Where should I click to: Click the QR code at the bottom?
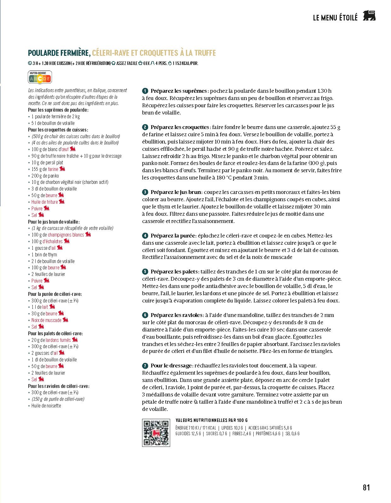coord(156,433)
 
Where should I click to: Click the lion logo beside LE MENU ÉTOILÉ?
coord(369,16)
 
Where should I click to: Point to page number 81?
coord(366,488)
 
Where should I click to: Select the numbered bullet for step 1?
coord(145,91)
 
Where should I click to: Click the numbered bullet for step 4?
coord(145,236)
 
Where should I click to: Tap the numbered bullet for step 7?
coord(145,366)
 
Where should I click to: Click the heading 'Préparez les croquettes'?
coord(180,127)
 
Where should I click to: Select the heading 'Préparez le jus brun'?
coord(176,192)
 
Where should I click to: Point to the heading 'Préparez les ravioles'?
coord(176,315)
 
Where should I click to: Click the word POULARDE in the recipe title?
coord(43,53)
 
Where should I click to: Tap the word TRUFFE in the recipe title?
coord(205,53)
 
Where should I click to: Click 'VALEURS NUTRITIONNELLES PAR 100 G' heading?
coord(211,420)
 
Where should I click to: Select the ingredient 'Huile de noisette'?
coord(46,406)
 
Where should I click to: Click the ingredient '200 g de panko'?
coord(45,176)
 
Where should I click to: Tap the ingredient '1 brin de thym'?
coord(44,254)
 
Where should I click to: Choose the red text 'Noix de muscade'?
coord(46,320)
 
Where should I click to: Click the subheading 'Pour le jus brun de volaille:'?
coord(54,222)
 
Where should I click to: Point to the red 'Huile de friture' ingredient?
coord(45,202)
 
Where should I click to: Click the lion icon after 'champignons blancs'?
coord(88,235)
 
